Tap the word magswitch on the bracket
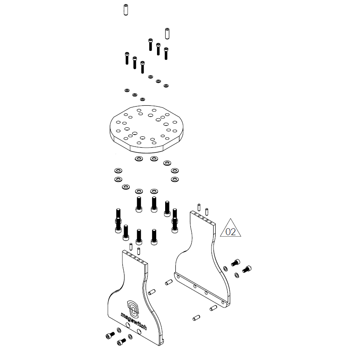click(x=133, y=321)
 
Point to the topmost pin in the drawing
click(x=126, y=10)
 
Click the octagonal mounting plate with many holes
click(x=146, y=129)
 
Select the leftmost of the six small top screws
click(x=127, y=58)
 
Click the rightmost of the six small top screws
click(x=166, y=54)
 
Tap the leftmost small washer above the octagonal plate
click(x=127, y=90)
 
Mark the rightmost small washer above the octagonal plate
click(x=166, y=86)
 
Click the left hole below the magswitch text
click(x=128, y=325)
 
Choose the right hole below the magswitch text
click(x=139, y=332)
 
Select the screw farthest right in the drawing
click(x=247, y=269)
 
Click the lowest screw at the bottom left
click(x=122, y=342)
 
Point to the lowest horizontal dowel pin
click(x=196, y=318)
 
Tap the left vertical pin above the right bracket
click(x=199, y=207)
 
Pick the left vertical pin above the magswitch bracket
click(x=131, y=247)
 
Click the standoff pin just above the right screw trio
click(x=167, y=33)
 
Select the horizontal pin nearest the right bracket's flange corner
click(x=213, y=308)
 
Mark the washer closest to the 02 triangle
click(x=225, y=268)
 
